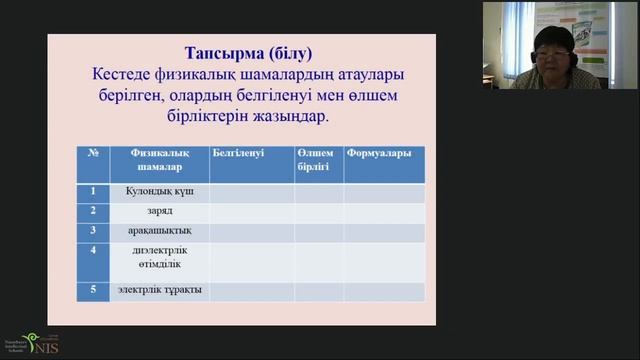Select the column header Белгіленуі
[x=238, y=152]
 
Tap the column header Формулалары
[x=379, y=152]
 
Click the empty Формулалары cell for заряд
[x=384, y=212]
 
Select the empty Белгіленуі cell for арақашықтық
[x=251, y=231]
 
